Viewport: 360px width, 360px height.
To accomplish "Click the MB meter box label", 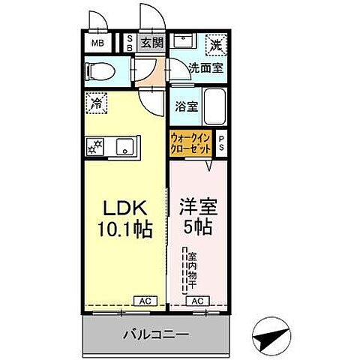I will coord(99,43).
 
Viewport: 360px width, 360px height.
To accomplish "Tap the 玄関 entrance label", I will coord(152,43).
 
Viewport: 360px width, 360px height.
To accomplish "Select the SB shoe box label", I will coord(130,43).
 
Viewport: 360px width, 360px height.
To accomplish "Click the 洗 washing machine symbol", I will coord(215,43).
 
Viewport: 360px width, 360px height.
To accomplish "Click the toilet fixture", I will coord(100,71).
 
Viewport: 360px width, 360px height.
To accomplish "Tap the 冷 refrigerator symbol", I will coord(96,103).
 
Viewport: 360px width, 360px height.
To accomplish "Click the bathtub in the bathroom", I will coord(215,106).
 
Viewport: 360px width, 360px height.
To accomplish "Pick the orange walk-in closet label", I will coord(190,143).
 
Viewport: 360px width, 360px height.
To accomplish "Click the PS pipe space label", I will coord(222,142).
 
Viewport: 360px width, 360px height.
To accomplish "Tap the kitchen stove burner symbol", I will coord(97,146).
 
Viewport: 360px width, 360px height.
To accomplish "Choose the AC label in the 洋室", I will coord(198,301).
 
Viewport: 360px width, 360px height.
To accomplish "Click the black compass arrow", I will coord(269,338).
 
